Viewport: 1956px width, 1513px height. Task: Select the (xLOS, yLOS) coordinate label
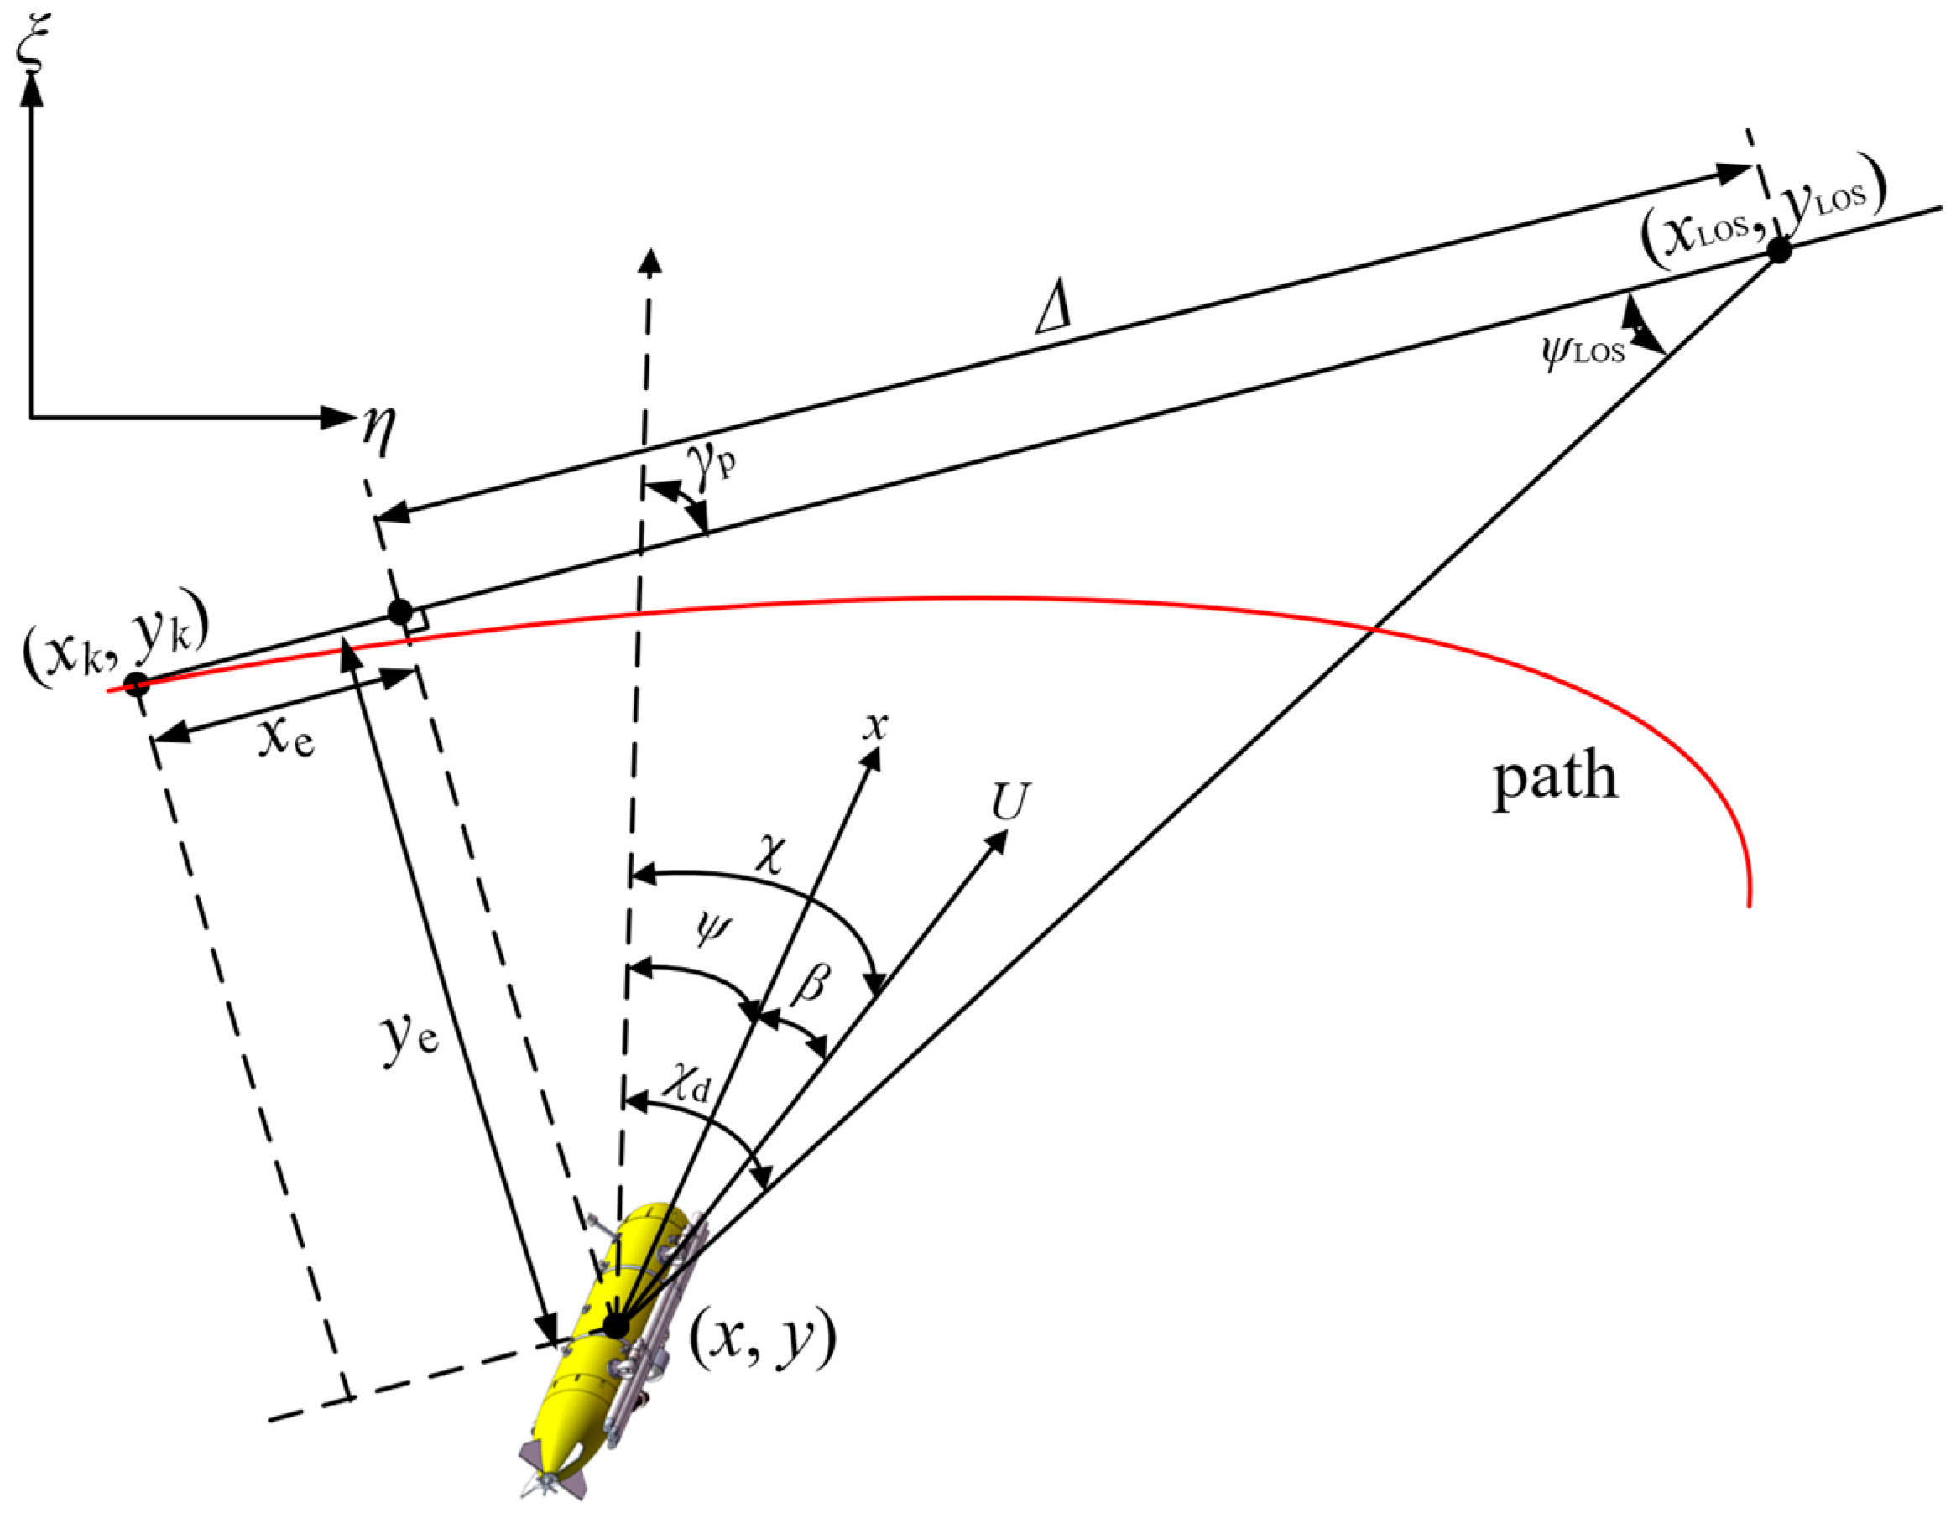coord(1762,221)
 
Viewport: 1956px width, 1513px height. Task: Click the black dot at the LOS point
coord(1779,251)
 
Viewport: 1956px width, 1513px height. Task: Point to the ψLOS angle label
coord(1583,351)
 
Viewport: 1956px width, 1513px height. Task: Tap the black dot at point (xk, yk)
coord(136,686)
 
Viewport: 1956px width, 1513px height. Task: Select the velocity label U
coord(1010,801)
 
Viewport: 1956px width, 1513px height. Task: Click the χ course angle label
coord(770,855)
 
